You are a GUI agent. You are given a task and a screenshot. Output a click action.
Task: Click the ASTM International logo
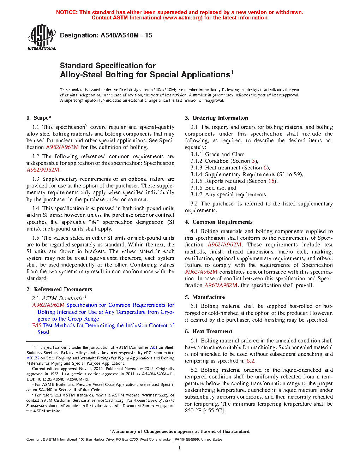pos(41,37)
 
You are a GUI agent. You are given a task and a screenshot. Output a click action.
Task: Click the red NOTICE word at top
pos(67,12)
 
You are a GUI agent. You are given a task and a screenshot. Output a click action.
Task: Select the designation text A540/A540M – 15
pos(126,35)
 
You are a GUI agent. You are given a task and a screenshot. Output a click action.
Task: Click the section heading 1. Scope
pos(39,118)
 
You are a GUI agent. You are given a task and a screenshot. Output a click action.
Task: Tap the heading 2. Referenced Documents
pos(59,289)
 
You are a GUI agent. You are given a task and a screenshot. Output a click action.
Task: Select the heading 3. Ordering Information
pos(216,118)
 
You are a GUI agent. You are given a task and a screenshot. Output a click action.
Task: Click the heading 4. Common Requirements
pos(218,222)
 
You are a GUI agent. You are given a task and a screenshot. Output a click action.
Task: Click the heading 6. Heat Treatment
pos(209,331)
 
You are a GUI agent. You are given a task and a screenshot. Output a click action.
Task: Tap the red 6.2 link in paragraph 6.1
pos(250,361)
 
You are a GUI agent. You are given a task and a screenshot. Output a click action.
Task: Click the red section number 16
pos(271,181)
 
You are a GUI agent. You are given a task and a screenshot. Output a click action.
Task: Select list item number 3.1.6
pos(197,188)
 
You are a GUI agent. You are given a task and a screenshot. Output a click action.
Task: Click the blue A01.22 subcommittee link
pos(33,358)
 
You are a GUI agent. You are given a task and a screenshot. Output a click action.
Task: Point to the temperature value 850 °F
pos(193,411)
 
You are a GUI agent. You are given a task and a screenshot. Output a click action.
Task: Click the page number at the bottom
pos(180,448)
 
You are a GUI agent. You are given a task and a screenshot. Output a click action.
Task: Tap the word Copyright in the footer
pos(34,440)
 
